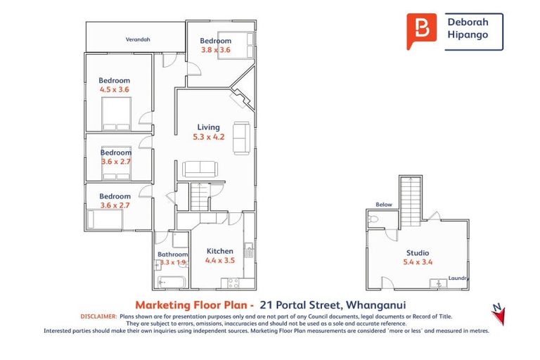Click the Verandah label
pyautogui.click(x=139, y=40)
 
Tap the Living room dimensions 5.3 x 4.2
pyautogui.click(x=208, y=137)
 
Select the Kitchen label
pyautogui.click(x=219, y=251)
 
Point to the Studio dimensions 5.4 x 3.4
pyautogui.click(x=418, y=262)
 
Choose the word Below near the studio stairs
pyautogui.click(x=384, y=205)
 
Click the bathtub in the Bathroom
pyautogui.click(x=171, y=283)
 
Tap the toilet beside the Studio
pyautogui.click(x=373, y=220)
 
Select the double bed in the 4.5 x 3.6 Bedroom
pyautogui.click(x=116, y=114)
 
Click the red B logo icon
pyautogui.click(x=421, y=30)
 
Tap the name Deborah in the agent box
pyautogui.click(x=468, y=22)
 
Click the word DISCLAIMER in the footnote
pyautogui.click(x=99, y=317)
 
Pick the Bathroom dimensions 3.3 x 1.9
pyautogui.click(x=172, y=262)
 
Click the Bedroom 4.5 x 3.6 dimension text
pyautogui.click(x=115, y=89)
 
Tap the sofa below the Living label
pyautogui.click(x=200, y=169)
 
